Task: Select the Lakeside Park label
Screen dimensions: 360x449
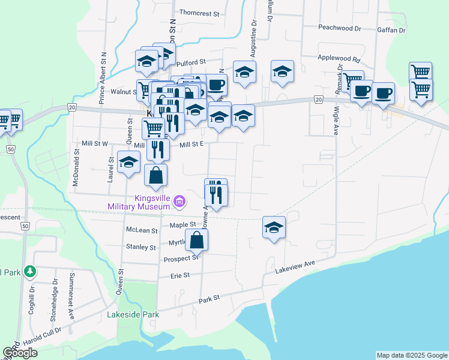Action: click(133, 314)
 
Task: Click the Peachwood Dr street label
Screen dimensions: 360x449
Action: click(339, 28)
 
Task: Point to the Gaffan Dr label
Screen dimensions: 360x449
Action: click(392, 29)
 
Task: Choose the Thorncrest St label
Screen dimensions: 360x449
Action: click(200, 12)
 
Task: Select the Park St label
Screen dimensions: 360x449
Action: click(209, 297)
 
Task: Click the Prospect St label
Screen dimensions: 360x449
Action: click(181, 259)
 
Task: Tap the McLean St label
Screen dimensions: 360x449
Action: click(142, 230)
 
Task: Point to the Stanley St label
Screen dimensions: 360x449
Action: click(141, 247)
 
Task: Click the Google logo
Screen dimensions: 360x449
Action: click(20, 353)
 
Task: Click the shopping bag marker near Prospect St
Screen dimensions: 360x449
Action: click(197, 241)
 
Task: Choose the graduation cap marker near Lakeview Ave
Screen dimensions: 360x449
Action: click(274, 228)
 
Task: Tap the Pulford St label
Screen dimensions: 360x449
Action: click(191, 61)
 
